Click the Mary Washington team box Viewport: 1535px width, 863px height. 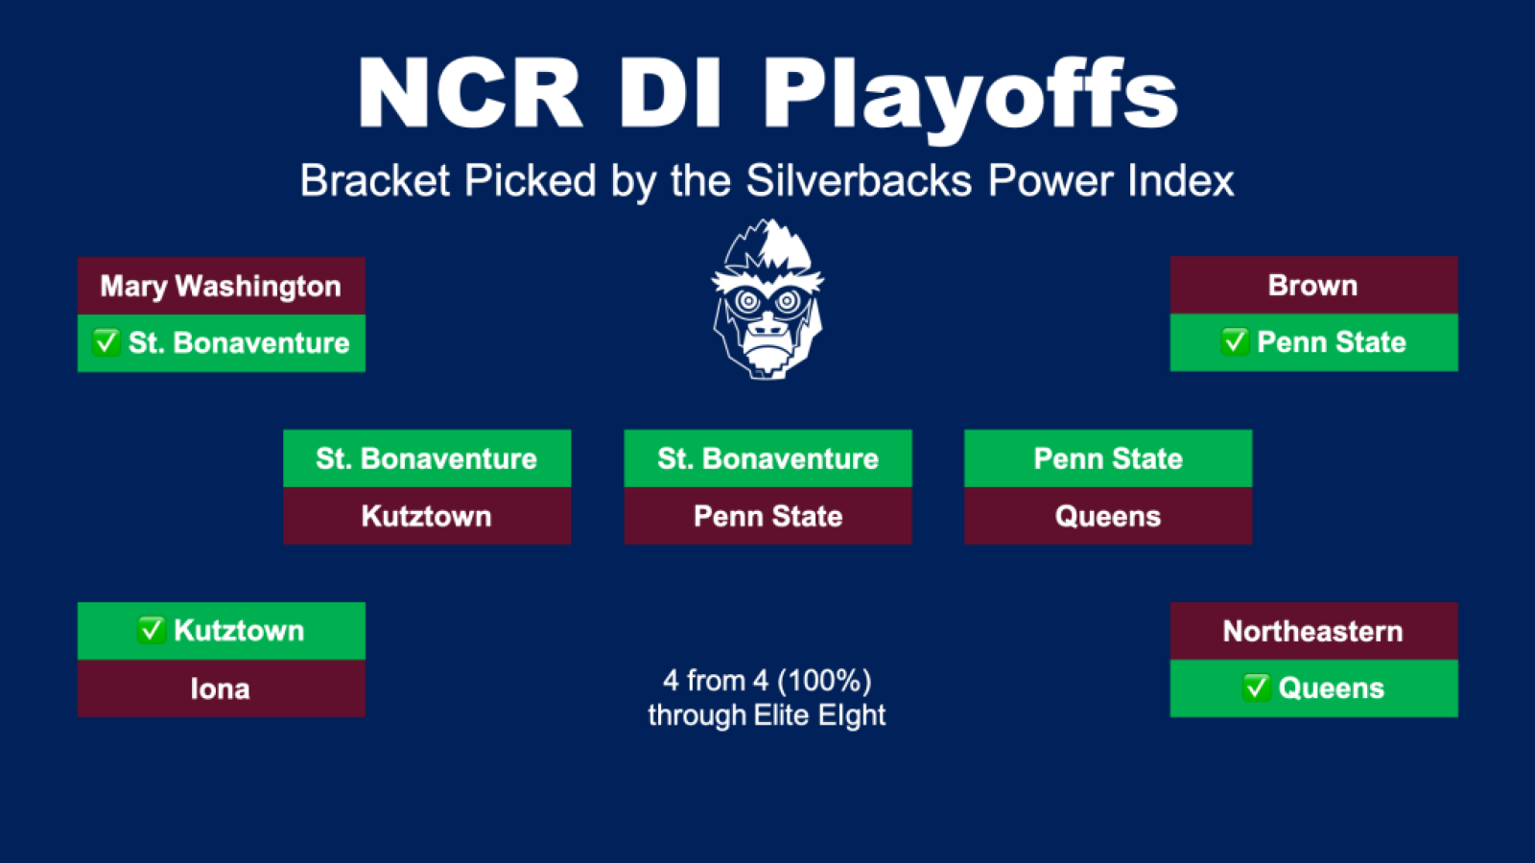222,286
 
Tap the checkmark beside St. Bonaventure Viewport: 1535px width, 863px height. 106,341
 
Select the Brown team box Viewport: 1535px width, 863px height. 1313,285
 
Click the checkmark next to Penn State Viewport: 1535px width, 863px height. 1235,341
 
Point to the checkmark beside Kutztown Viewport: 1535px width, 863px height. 152,630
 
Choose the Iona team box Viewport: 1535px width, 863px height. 222,688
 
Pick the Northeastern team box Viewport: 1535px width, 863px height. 1313,631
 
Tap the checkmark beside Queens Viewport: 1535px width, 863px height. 1256,688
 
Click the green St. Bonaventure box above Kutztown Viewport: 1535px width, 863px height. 427,458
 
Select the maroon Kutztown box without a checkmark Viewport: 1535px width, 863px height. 427,516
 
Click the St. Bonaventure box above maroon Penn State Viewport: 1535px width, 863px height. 768,458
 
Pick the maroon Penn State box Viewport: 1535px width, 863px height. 768,516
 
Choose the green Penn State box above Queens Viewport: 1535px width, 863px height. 1108,458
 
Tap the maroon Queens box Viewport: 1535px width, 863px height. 1108,516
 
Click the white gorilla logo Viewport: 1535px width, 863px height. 767,299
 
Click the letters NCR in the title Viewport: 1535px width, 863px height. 470,93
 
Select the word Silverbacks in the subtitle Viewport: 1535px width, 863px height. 859,181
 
